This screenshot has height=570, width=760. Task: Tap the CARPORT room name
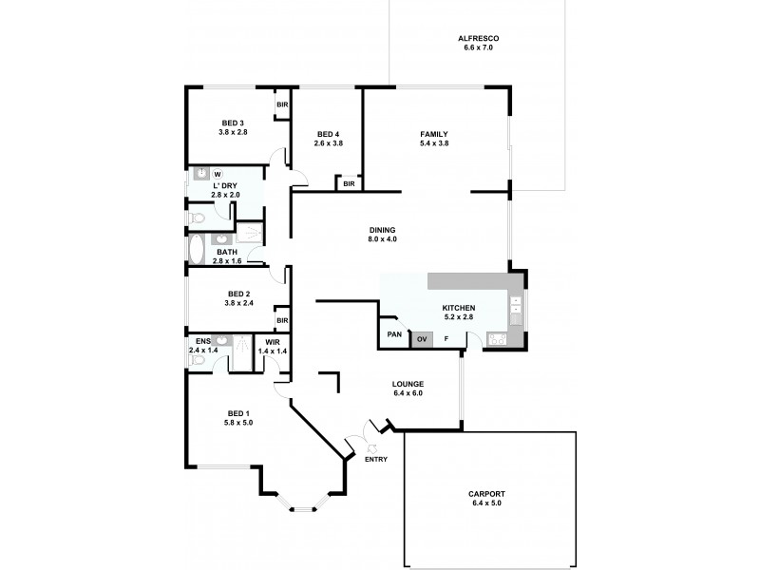(485, 494)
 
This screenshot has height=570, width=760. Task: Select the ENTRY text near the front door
(377, 460)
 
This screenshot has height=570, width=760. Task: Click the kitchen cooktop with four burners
(497, 338)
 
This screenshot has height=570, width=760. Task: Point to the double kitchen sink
(516, 305)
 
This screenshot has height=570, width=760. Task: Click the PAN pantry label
(392, 335)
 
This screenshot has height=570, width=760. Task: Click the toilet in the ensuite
(196, 361)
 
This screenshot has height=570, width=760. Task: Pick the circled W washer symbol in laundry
(218, 174)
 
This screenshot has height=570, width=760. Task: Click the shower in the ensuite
(242, 347)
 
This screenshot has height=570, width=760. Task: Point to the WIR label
(272, 342)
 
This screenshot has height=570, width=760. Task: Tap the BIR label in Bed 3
(281, 104)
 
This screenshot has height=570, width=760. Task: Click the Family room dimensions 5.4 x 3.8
(433, 143)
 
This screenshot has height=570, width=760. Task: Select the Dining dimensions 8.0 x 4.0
(383, 238)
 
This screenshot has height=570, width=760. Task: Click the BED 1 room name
(237, 412)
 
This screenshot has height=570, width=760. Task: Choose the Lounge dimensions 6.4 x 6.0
(408, 393)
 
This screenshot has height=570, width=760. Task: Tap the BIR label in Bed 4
(349, 183)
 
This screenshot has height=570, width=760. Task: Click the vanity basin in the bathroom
(221, 239)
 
